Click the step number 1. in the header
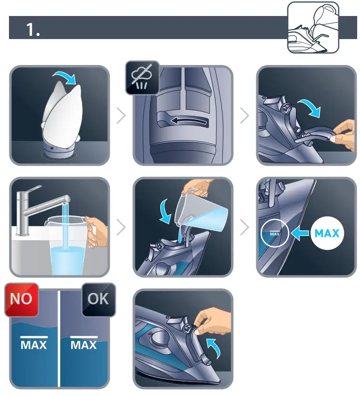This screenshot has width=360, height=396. [x=33, y=30]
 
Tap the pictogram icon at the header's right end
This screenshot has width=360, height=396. [x=313, y=28]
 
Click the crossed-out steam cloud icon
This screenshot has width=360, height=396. [x=140, y=78]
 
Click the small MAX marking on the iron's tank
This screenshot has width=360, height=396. [x=275, y=233]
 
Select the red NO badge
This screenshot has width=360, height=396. [x=21, y=299]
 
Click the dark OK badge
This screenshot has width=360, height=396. [x=98, y=299]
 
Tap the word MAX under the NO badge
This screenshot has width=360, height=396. [x=34, y=345]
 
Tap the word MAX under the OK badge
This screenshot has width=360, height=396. [x=84, y=345]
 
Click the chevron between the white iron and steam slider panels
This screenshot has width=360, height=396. [x=121, y=115]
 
